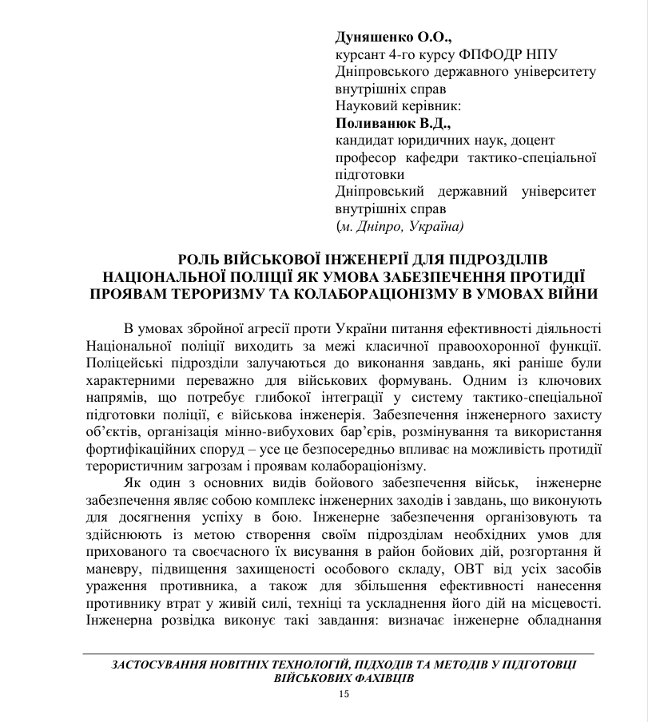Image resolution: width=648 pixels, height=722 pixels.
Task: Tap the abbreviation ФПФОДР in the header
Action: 487,54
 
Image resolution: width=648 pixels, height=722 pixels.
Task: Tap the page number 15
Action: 344,694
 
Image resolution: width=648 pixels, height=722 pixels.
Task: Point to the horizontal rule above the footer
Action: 344,654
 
